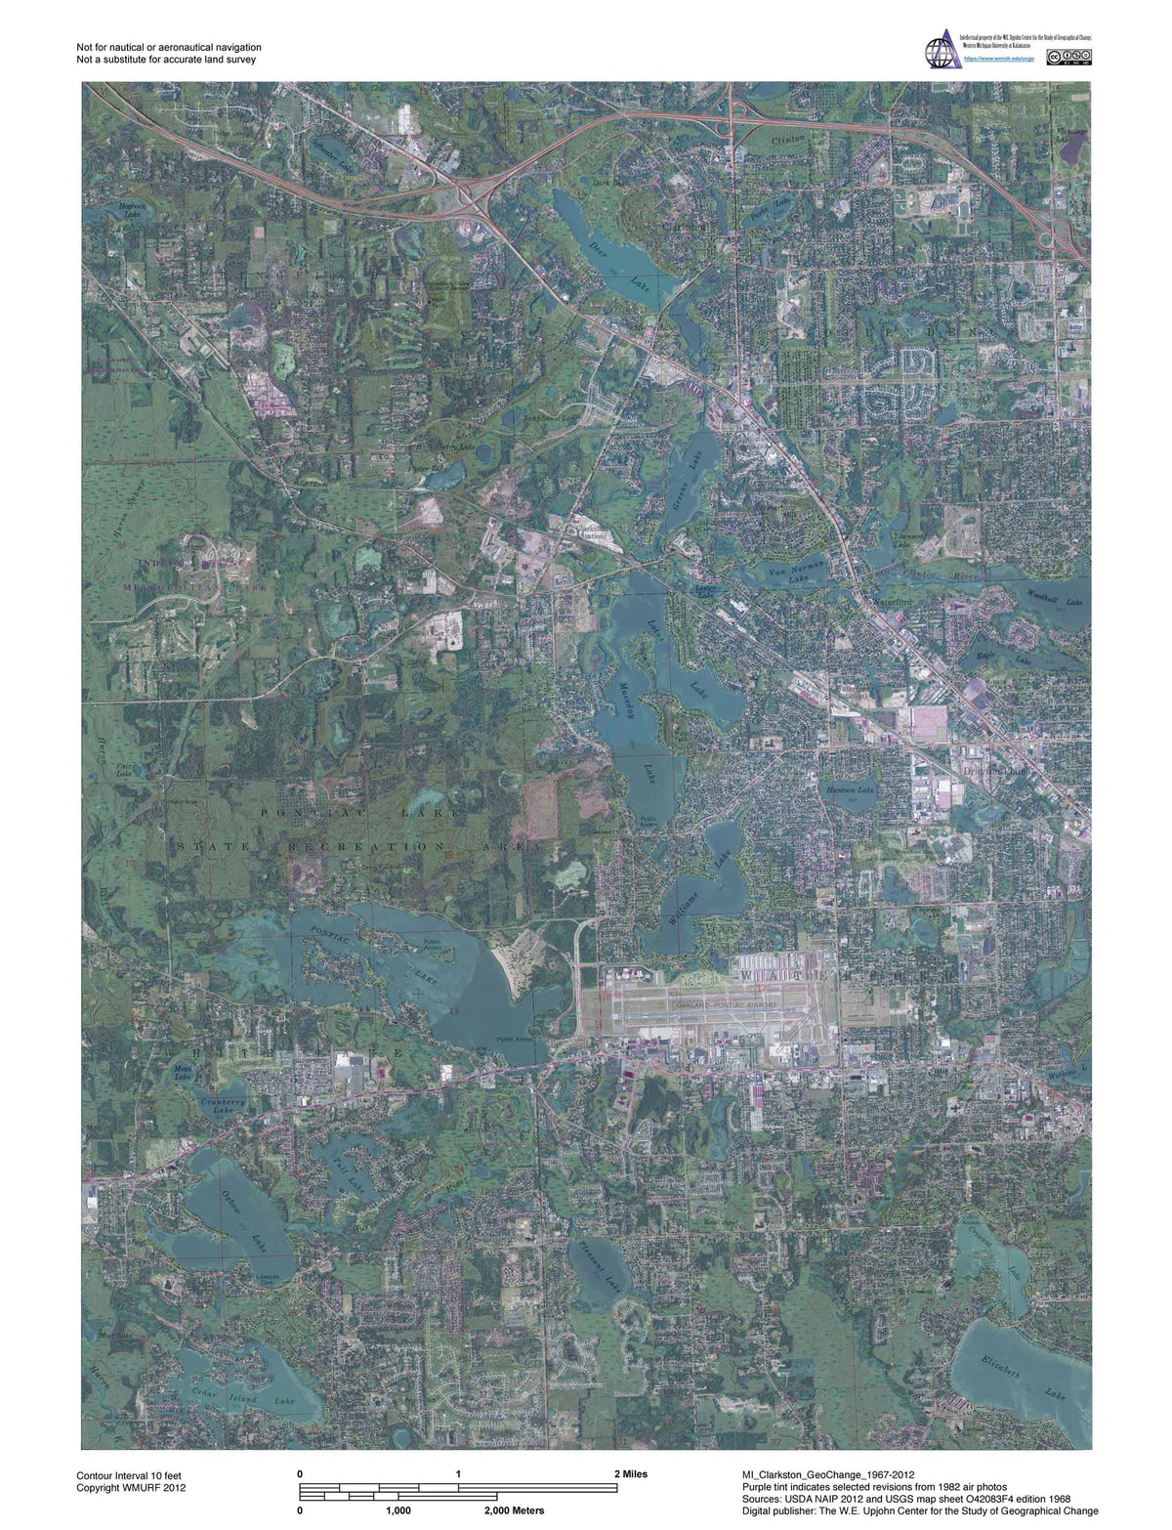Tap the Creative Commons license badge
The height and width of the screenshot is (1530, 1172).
1068,58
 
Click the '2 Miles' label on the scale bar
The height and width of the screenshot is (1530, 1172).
630,1474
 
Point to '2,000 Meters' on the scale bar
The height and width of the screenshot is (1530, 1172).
515,1510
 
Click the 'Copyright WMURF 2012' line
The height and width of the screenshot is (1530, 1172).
131,1488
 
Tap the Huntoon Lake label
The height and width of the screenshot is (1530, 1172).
850,788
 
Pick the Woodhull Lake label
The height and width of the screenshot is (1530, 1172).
1055,598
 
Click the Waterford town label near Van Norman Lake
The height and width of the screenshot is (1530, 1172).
892,603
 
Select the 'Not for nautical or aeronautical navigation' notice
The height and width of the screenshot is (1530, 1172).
168,47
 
